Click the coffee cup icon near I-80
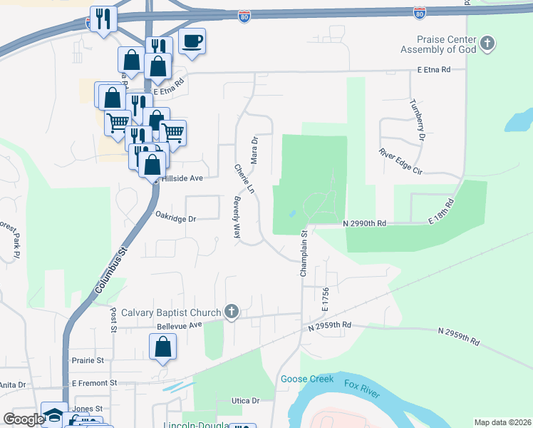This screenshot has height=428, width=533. [191, 41]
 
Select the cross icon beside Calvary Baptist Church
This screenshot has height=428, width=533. [231, 312]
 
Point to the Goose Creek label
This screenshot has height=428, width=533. [307, 379]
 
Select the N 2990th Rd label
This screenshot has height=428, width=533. [364, 223]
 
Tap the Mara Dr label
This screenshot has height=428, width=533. [254, 149]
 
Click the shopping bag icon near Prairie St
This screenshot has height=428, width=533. [163, 347]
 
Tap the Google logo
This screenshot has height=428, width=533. [24, 419]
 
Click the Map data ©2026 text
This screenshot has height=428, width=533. [502, 422]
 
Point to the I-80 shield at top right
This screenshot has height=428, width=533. [419, 13]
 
